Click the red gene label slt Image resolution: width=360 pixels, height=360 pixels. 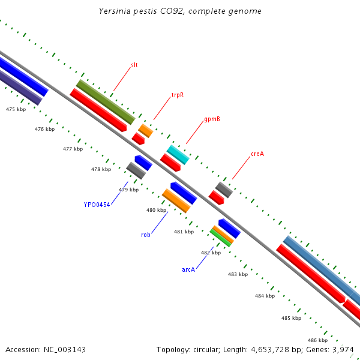[x=134, y=65]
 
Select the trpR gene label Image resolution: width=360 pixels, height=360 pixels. [x=177, y=95]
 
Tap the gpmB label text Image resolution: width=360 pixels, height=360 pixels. [x=212, y=119]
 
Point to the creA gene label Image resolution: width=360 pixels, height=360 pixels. [x=257, y=154]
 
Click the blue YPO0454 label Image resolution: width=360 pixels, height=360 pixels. [x=97, y=205]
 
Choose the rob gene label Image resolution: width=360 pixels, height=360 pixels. [x=146, y=235]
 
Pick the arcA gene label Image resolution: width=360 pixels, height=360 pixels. [x=188, y=269]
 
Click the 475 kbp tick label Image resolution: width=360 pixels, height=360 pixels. [x=16, y=109]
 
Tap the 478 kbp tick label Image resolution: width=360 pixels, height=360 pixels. [x=101, y=169]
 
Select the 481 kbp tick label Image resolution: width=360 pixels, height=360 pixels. [x=184, y=232]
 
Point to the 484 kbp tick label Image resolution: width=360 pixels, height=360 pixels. [x=265, y=296]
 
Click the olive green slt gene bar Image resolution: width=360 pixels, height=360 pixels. [x=106, y=101]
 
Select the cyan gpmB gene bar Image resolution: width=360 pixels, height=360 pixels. [x=178, y=154]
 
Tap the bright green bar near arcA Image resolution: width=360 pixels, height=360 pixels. [x=220, y=237]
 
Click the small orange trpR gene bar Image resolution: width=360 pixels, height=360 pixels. [x=145, y=130]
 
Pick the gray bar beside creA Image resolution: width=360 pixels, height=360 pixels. [x=224, y=190]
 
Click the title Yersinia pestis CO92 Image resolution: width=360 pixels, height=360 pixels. [x=180, y=11]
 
